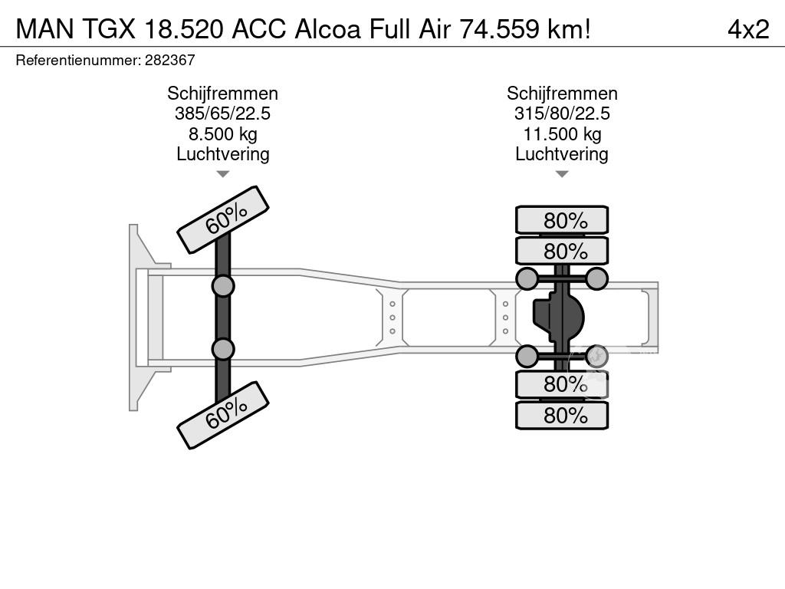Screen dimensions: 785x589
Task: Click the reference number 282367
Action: point(169,60)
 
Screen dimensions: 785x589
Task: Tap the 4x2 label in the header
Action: point(748,29)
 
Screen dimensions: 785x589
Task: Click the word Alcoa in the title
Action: point(327,29)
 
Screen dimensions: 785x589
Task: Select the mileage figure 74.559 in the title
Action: point(499,29)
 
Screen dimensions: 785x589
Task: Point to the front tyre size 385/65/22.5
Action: point(223,114)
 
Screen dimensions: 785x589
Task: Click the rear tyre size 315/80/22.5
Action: point(562,114)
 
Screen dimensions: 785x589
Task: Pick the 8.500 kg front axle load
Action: point(223,134)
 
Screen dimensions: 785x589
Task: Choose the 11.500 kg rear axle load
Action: point(562,134)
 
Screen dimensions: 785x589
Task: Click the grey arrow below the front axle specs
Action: point(223,174)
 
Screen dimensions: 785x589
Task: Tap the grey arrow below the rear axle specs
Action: point(562,174)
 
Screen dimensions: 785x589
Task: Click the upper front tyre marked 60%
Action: point(223,220)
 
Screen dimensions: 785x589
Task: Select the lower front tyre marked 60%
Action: point(223,415)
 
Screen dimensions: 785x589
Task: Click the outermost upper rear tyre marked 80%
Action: point(562,220)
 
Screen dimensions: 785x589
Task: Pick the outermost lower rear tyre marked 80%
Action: point(562,415)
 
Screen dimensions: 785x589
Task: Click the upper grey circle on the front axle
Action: point(223,287)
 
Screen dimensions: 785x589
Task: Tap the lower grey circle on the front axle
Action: point(223,349)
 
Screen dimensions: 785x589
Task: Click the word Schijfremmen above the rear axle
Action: point(562,94)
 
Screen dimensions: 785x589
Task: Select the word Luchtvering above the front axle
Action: point(223,154)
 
